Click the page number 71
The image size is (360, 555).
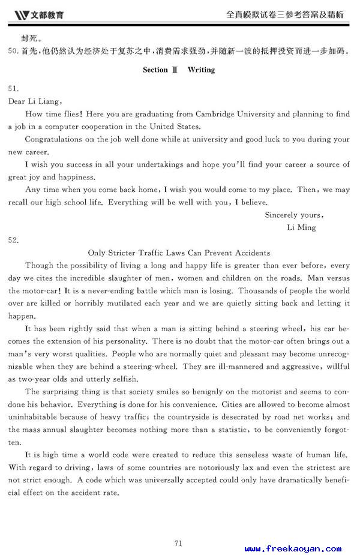click(178, 526)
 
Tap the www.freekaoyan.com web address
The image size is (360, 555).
click(293, 548)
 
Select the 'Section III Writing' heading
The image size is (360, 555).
click(178, 70)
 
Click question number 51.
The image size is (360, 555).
click(13, 88)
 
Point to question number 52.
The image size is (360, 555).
click(13, 240)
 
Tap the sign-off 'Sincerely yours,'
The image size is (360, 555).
click(294, 215)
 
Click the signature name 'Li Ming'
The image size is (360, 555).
click(302, 227)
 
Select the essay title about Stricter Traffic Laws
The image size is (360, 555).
click(179, 253)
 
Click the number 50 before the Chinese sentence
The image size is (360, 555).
click(13, 52)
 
